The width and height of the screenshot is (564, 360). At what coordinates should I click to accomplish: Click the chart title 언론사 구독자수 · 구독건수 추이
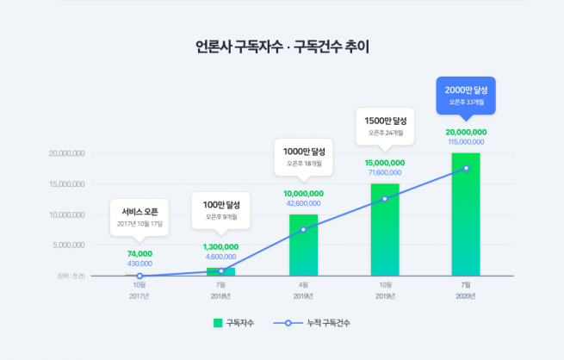282,46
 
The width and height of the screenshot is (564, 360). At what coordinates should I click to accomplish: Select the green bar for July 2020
466,215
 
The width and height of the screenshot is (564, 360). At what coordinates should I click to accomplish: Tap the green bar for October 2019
385,231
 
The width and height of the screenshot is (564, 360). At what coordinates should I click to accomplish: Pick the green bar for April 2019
303,245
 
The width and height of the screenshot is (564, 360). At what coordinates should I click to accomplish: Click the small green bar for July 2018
221,272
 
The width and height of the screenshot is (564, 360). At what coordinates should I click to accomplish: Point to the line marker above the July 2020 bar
466,168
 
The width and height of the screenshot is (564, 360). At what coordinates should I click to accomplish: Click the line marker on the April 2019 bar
303,229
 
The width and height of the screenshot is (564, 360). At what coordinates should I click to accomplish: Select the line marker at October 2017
139,276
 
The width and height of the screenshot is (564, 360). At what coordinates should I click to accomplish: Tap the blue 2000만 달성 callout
466,95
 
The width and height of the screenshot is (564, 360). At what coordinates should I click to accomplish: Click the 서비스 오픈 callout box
139,216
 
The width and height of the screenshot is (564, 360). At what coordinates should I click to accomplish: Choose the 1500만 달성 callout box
385,126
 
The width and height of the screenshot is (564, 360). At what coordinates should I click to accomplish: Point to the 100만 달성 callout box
221,210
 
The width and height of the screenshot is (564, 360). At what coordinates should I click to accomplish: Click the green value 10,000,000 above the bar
303,194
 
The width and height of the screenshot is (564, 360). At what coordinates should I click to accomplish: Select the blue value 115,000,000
466,140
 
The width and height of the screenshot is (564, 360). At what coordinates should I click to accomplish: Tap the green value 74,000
139,254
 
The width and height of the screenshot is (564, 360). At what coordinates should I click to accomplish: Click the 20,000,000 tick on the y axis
66,153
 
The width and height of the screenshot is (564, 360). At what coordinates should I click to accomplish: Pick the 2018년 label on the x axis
221,296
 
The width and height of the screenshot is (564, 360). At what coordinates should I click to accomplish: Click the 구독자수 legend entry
235,323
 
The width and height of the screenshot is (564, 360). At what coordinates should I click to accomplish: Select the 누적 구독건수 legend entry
321,323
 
